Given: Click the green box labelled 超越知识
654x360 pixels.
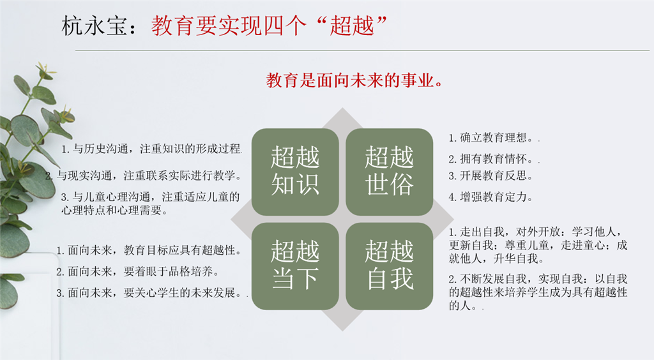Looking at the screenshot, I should pyautogui.click(x=294, y=171).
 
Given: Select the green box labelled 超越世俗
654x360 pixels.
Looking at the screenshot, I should pyautogui.click(x=389, y=171).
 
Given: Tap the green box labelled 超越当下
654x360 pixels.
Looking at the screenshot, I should pyautogui.click(x=294, y=266).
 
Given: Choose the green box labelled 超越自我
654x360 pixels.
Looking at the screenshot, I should pyautogui.click(x=389, y=266).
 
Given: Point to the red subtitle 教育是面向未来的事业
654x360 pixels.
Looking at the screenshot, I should pyautogui.click(x=355, y=81).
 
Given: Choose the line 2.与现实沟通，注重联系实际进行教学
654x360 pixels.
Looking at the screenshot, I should pyautogui.click(x=144, y=175).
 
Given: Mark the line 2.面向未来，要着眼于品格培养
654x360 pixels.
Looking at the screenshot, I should pyautogui.click(x=137, y=271).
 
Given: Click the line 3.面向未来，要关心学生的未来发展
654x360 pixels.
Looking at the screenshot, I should pyautogui.click(x=151, y=293).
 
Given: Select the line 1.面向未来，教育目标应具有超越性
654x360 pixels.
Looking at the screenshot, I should pyautogui.click(x=149, y=250).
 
